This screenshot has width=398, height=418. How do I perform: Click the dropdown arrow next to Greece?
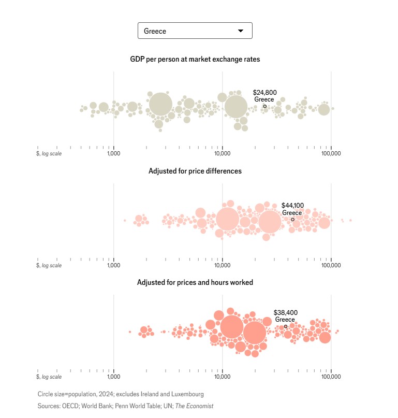click(x=240, y=31)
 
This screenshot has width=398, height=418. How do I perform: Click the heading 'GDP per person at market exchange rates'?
click(x=195, y=60)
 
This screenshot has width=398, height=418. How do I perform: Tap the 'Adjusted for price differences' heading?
click(x=195, y=171)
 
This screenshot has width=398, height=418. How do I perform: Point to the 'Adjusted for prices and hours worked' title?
click(x=195, y=282)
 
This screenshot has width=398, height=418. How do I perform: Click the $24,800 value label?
click(x=264, y=93)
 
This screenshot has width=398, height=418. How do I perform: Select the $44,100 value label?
click(x=292, y=206)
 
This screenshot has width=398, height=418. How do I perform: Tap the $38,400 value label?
click(x=285, y=313)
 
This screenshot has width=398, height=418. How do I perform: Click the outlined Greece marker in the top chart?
click(x=264, y=106)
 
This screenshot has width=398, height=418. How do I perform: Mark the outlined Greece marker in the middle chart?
click(x=292, y=220)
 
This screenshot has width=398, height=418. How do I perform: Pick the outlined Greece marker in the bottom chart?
click(x=285, y=326)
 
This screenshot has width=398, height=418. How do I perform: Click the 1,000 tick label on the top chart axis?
click(x=114, y=153)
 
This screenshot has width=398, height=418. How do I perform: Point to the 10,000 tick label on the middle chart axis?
click(x=223, y=265)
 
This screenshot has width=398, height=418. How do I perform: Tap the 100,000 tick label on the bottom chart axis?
click(x=331, y=377)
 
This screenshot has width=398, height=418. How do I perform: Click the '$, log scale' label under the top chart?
click(x=49, y=153)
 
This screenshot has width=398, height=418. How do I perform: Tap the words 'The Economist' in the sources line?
click(x=195, y=406)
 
